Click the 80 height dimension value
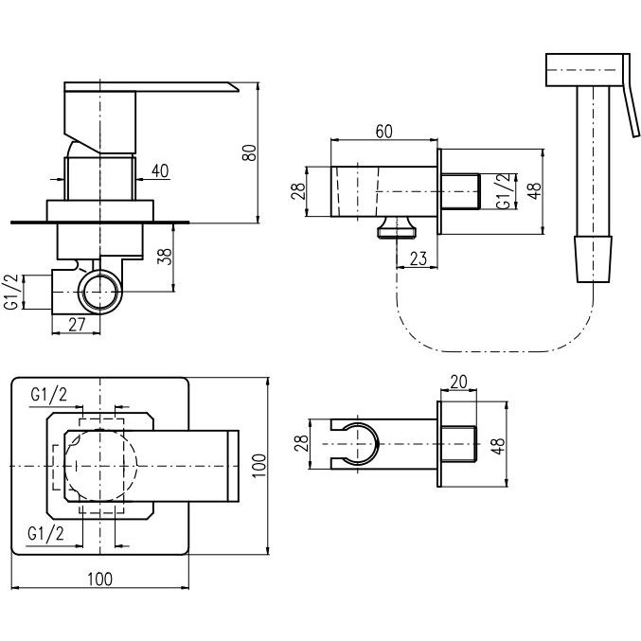(x=250, y=152)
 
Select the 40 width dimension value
(x=160, y=170)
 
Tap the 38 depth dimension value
(x=165, y=256)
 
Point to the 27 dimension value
(x=77, y=325)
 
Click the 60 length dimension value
(x=383, y=132)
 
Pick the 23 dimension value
(x=418, y=258)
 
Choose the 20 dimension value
(x=458, y=382)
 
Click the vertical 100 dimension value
(x=258, y=465)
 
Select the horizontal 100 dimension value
(x=100, y=579)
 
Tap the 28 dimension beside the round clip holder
(x=301, y=443)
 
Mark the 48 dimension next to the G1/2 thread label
(x=534, y=191)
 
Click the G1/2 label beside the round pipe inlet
(x=11, y=292)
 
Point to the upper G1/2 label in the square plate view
(x=48, y=395)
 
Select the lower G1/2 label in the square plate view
(x=45, y=534)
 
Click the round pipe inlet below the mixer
(x=100, y=292)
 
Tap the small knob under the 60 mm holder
(x=398, y=227)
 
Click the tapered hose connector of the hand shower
(x=593, y=258)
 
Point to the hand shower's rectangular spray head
(x=584, y=70)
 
